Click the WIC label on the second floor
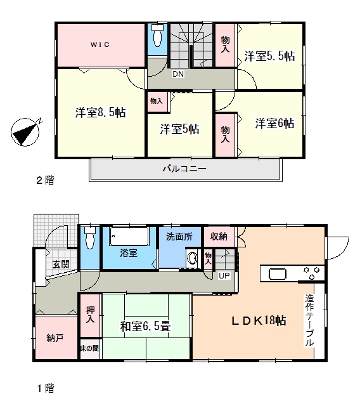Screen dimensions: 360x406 100,44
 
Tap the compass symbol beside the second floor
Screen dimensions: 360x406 25,131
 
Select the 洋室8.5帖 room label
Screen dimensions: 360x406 100,112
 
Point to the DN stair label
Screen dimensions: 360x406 178,74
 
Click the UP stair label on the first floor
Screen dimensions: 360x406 224,276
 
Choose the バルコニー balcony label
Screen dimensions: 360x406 184,169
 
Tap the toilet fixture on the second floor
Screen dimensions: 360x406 157,36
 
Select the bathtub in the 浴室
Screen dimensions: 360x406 129,237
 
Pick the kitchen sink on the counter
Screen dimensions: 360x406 278,274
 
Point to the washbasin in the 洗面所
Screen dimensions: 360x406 191,258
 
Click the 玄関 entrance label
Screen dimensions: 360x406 61,264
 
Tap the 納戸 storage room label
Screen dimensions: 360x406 55,338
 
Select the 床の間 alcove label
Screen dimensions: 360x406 89,348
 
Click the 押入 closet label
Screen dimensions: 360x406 90,315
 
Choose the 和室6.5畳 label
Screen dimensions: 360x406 145,326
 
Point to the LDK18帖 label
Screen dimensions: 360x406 259,320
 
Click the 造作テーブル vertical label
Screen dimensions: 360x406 309,320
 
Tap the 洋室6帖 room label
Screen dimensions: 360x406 274,123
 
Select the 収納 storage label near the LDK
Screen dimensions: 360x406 219,236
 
